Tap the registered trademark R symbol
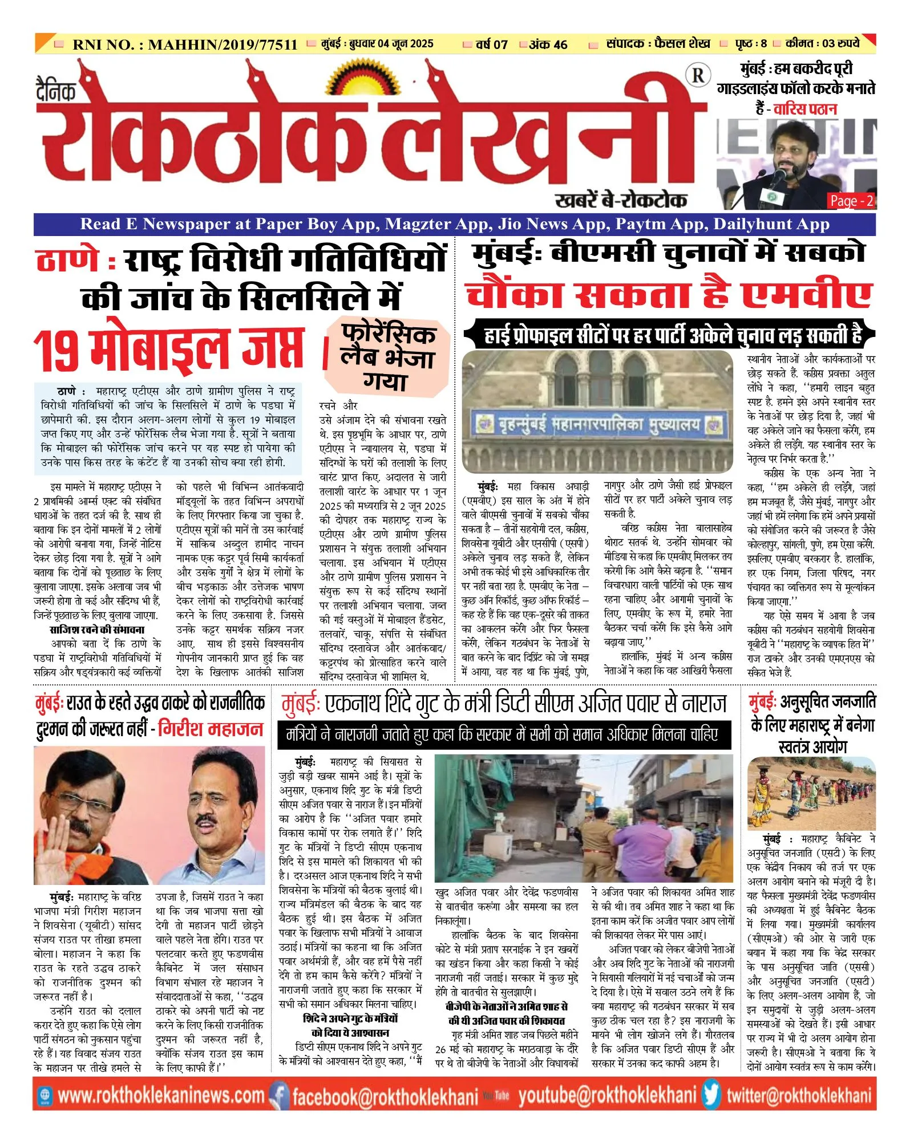tap(698, 75)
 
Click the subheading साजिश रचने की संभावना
tap(97, 630)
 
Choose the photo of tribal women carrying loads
tap(811, 794)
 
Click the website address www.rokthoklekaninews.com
tap(161, 1095)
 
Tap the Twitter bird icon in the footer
tap(711, 1095)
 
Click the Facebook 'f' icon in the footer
tap(278, 1095)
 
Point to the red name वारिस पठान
tap(805, 109)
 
